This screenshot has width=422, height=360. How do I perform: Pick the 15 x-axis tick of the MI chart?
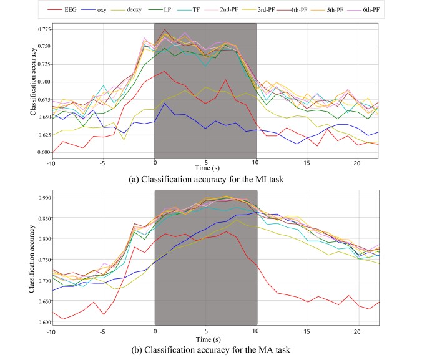[307, 163]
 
